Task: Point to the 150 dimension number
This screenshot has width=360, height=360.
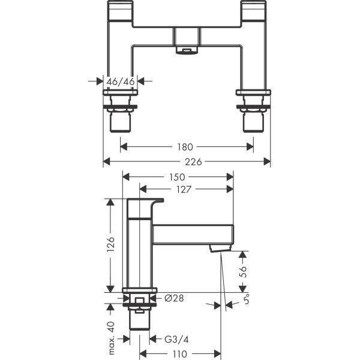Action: [178, 176]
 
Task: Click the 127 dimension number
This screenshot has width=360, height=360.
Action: [185, 189]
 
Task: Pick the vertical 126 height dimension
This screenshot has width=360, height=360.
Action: [110, 244]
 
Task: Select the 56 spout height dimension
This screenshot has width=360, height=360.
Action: [242, 271]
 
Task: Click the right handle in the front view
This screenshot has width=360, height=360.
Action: [253, 13]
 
